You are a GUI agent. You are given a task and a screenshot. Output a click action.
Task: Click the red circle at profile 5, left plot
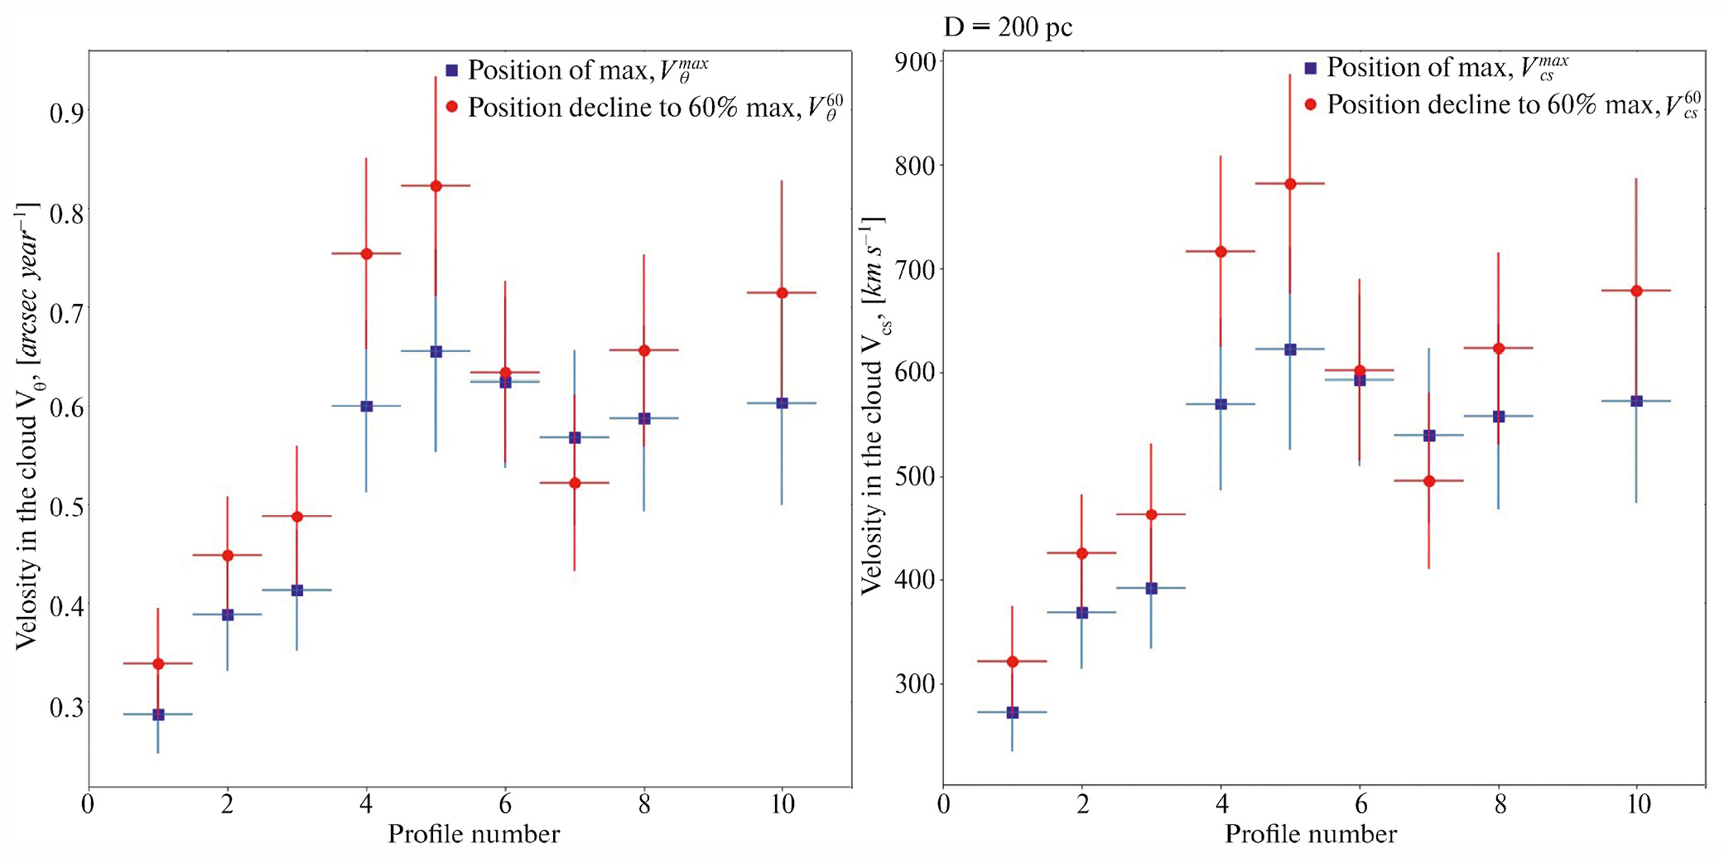436,186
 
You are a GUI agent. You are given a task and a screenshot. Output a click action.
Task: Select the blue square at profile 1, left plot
158,714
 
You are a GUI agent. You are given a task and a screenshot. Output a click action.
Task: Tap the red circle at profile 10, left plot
782,292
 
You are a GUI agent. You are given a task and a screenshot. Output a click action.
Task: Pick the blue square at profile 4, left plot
367,406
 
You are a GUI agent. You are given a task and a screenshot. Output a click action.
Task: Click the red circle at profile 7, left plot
575,483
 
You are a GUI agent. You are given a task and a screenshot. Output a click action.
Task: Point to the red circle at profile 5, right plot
1290,183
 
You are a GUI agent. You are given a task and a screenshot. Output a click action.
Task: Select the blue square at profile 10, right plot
1636,401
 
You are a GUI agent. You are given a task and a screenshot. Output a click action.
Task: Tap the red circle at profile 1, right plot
1012,661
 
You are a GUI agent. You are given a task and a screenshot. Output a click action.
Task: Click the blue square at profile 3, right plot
1151,588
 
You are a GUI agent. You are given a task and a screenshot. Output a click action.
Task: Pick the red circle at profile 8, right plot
1498,348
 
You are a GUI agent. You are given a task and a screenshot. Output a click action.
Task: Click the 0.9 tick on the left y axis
66,112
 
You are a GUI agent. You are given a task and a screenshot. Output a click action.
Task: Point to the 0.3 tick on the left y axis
66,707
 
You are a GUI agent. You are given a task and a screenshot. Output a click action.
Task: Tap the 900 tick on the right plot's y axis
916,62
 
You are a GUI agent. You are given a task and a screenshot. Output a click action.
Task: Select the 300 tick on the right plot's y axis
916,684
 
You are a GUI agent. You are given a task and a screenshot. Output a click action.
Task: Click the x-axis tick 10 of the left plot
783,804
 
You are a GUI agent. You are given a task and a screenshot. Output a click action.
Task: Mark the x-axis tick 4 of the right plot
1221,804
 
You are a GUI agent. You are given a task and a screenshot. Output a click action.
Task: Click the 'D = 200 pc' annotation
1008,27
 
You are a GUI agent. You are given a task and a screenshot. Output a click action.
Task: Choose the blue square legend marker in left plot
451,70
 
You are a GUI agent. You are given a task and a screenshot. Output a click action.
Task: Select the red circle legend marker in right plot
1310,104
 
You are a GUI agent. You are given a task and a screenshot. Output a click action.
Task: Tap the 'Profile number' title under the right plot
1311,834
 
